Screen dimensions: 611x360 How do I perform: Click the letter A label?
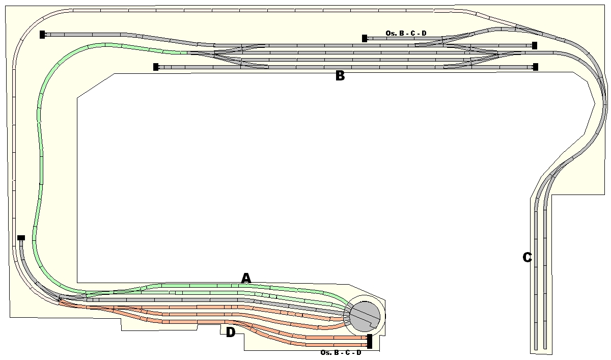246,278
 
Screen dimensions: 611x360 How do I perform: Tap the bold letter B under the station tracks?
340,75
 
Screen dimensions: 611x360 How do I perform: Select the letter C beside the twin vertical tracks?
527,257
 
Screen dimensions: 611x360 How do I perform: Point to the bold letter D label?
231,333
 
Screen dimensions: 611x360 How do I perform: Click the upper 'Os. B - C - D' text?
406,33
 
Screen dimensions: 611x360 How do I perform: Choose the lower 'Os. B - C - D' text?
341,353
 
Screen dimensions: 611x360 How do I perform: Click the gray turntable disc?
365,317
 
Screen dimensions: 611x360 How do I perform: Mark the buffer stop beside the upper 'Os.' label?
365,39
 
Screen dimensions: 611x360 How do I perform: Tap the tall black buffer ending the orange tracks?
370,341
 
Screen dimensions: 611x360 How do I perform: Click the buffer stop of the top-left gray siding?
42,35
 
